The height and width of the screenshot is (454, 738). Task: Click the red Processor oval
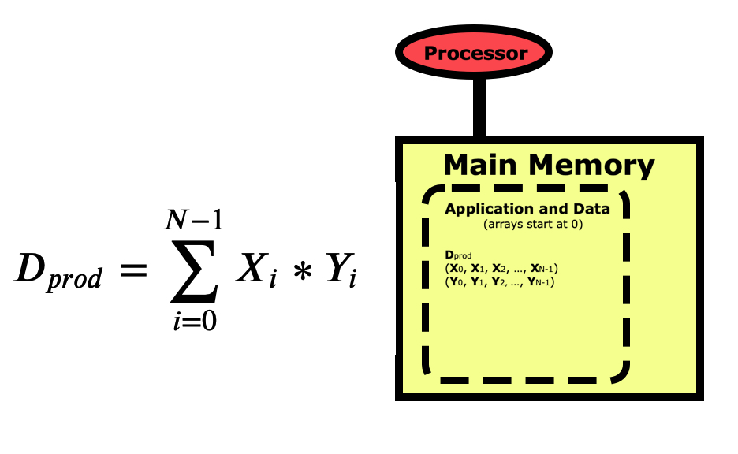click(475, 53)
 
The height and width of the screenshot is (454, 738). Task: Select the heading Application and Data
click(527, 209)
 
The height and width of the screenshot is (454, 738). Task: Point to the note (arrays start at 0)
click(527, 224)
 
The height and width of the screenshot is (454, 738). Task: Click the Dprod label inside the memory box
click(458, 255)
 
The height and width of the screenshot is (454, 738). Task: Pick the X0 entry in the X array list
click(457, 269)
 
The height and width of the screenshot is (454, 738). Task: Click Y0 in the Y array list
click(457, 281)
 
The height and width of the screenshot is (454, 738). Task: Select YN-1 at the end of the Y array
click(539, 281)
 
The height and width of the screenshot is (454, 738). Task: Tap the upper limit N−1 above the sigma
click(193, 218)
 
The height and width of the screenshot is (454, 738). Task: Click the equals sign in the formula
click(133, 271)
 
